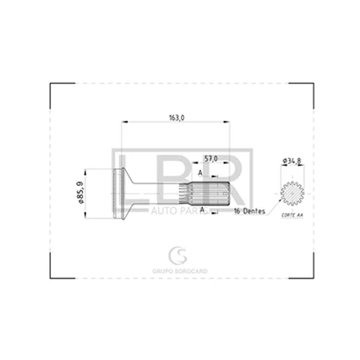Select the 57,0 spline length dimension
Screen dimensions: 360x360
(x=211, y=158)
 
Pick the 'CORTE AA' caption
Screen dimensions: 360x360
(x=291, y=217)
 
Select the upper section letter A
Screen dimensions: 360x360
(x=199, y=172)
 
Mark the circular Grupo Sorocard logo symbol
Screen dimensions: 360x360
(x=178, y=254)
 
